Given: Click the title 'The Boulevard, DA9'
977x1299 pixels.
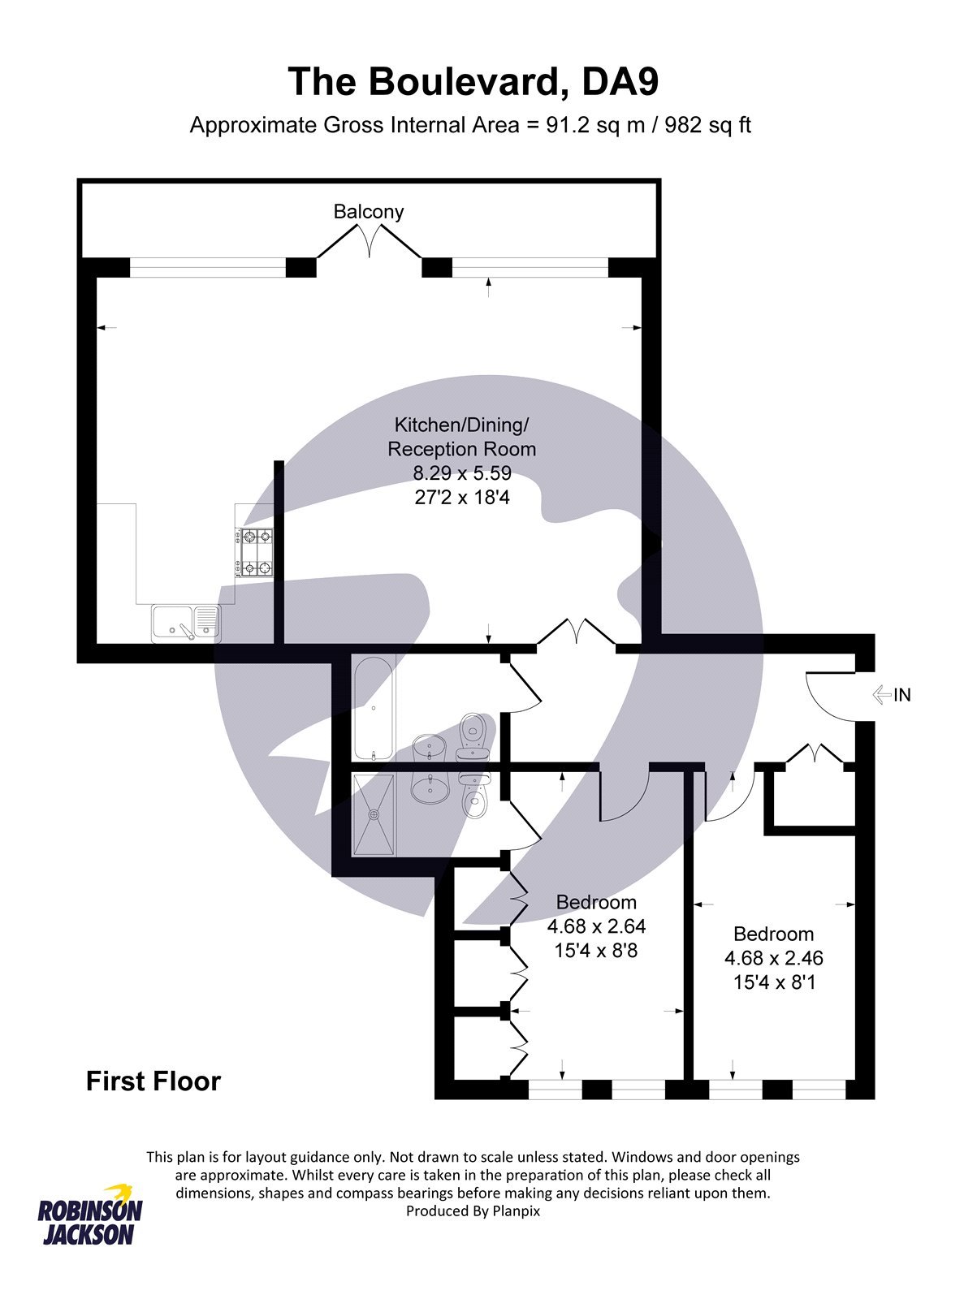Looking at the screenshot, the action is click(473, 81).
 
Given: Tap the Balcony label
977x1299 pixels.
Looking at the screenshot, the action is click(369, 211).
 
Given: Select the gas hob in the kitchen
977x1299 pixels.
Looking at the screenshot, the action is click(255, 553).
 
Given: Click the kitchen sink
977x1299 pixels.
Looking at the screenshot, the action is click(186, 624).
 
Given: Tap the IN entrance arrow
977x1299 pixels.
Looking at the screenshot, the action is click(883, 695).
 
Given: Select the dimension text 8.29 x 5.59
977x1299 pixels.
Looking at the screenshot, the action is click(462, 473).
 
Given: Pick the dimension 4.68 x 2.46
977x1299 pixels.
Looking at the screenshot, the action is click(774, 958).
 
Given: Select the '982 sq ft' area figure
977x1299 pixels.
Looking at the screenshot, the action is click(707, 126).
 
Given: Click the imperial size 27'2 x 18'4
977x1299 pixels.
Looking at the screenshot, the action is click(462, 497).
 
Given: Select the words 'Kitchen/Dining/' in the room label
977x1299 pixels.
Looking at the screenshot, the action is click(461, 425).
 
